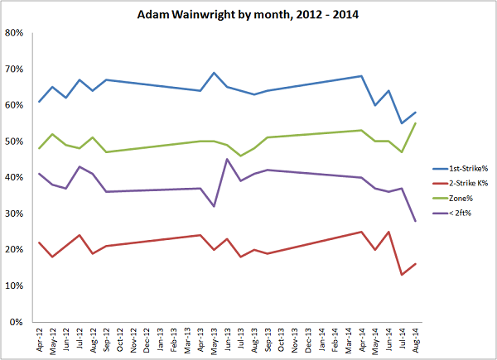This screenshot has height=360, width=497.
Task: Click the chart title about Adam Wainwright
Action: [248, 14]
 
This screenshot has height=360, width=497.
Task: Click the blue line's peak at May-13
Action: [214, 74]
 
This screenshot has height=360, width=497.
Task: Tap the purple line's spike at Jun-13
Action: [227, 160]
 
